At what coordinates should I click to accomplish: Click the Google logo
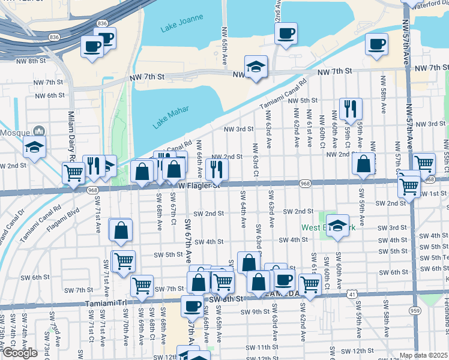point(19,353)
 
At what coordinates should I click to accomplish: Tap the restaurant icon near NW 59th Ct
point(351,109)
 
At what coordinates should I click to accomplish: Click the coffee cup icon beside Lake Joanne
point(286,33)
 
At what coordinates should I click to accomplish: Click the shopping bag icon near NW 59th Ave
point(364,164)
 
